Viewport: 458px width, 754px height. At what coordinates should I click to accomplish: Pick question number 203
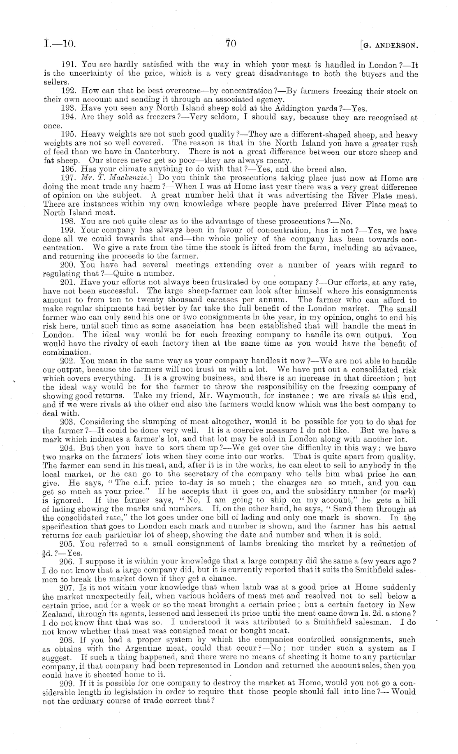[67, 422]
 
